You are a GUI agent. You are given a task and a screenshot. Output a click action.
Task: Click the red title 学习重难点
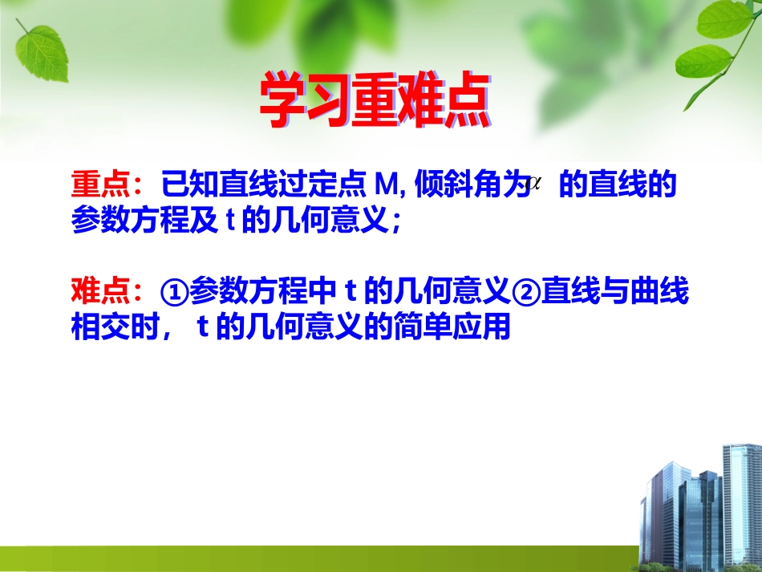coord(374,102)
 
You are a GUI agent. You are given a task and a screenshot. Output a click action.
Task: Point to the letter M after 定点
coord(387,186)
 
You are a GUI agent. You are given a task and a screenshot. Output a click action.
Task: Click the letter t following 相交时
coord(203,328)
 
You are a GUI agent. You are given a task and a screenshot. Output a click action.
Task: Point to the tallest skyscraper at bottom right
coord(741,497)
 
